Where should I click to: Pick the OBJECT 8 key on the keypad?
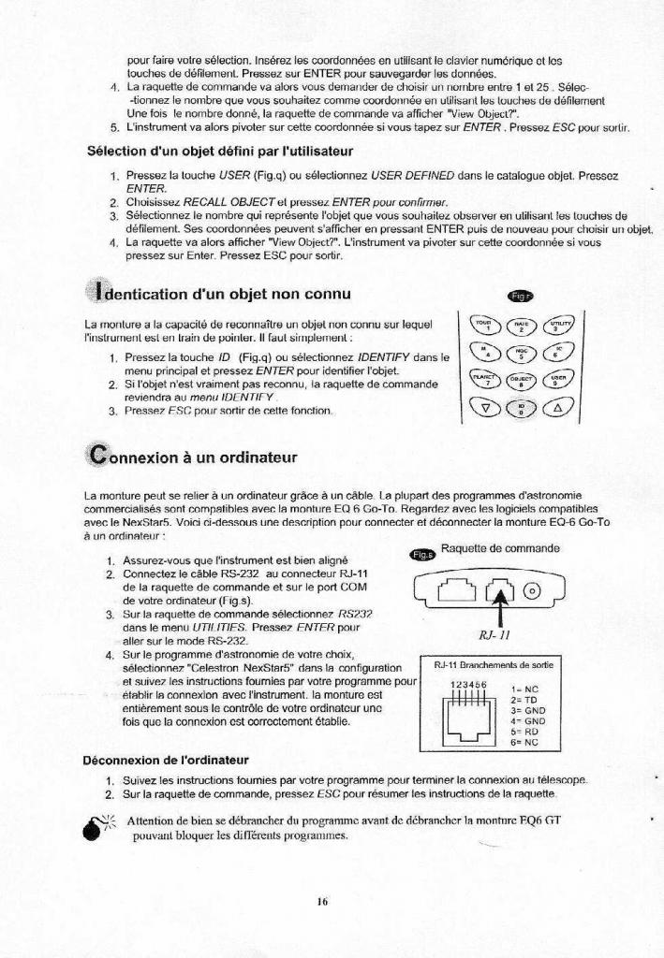(522, 378)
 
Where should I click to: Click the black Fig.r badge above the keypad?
(518, 297)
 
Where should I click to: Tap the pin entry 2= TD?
(523, 700)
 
